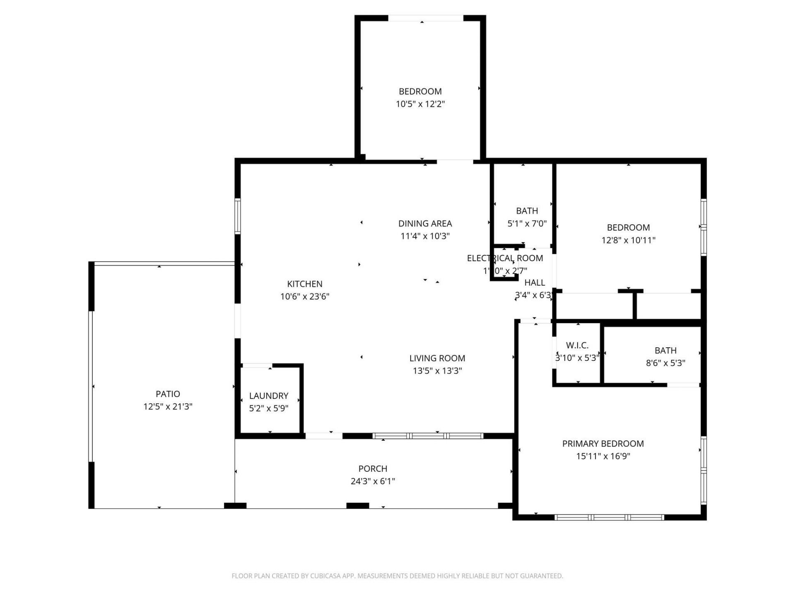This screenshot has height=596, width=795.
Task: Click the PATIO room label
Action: [x=168, y=394]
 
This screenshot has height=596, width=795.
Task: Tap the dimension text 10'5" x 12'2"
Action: [x=420, y=104]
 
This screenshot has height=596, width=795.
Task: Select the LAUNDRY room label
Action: [x=269, y=396]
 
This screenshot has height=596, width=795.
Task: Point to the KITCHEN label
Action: [x=305, y=284]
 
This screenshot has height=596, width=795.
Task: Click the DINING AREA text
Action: [x=425, y=223]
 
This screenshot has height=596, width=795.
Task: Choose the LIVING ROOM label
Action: [x=437, y=358]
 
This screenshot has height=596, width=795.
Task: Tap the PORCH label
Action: [x=373, y=469]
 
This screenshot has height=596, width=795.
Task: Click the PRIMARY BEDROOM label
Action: [x=603, y=444]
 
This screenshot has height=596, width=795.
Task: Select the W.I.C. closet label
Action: [x=577, y=345]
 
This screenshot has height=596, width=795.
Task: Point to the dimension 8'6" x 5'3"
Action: [x=665, y=363]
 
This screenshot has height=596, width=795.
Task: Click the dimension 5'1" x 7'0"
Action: [x=527, y=223]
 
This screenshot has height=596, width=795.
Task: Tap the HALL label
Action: [x=535, y=283]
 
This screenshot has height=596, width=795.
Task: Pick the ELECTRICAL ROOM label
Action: [x=505, y=258]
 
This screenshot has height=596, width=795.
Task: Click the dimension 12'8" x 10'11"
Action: [x=628, y=240]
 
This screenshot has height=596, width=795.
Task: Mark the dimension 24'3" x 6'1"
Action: [x=373, y=481]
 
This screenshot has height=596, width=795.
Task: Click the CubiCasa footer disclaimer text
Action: [x=397, y=576]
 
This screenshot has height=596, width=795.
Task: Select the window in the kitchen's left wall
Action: [x=238, y=216]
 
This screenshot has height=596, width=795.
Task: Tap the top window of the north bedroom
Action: [x=425, y=18]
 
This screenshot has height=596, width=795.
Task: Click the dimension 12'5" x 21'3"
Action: [x=168, y=406]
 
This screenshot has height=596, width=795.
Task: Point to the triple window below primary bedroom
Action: [x=609, y=517]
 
